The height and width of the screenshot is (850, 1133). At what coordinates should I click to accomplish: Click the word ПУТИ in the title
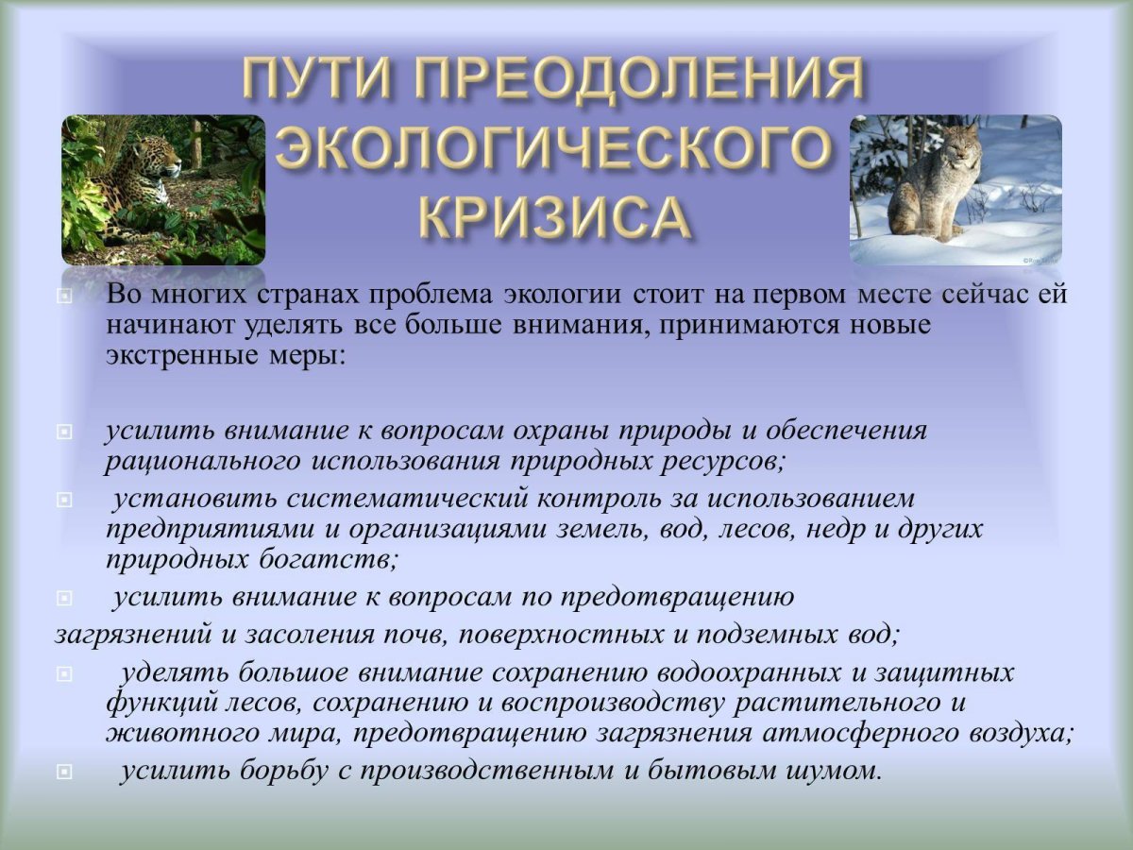pyautogui.click(x=319, y=81)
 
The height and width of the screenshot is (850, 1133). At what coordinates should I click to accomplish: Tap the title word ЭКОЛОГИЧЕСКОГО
pyautogui.click(x=555, y=150)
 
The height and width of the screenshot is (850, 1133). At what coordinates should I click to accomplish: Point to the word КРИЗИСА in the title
pyautogui.click(x=551, y=217)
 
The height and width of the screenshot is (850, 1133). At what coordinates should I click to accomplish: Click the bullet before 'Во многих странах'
pyautogui.click(x=63, y=296)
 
